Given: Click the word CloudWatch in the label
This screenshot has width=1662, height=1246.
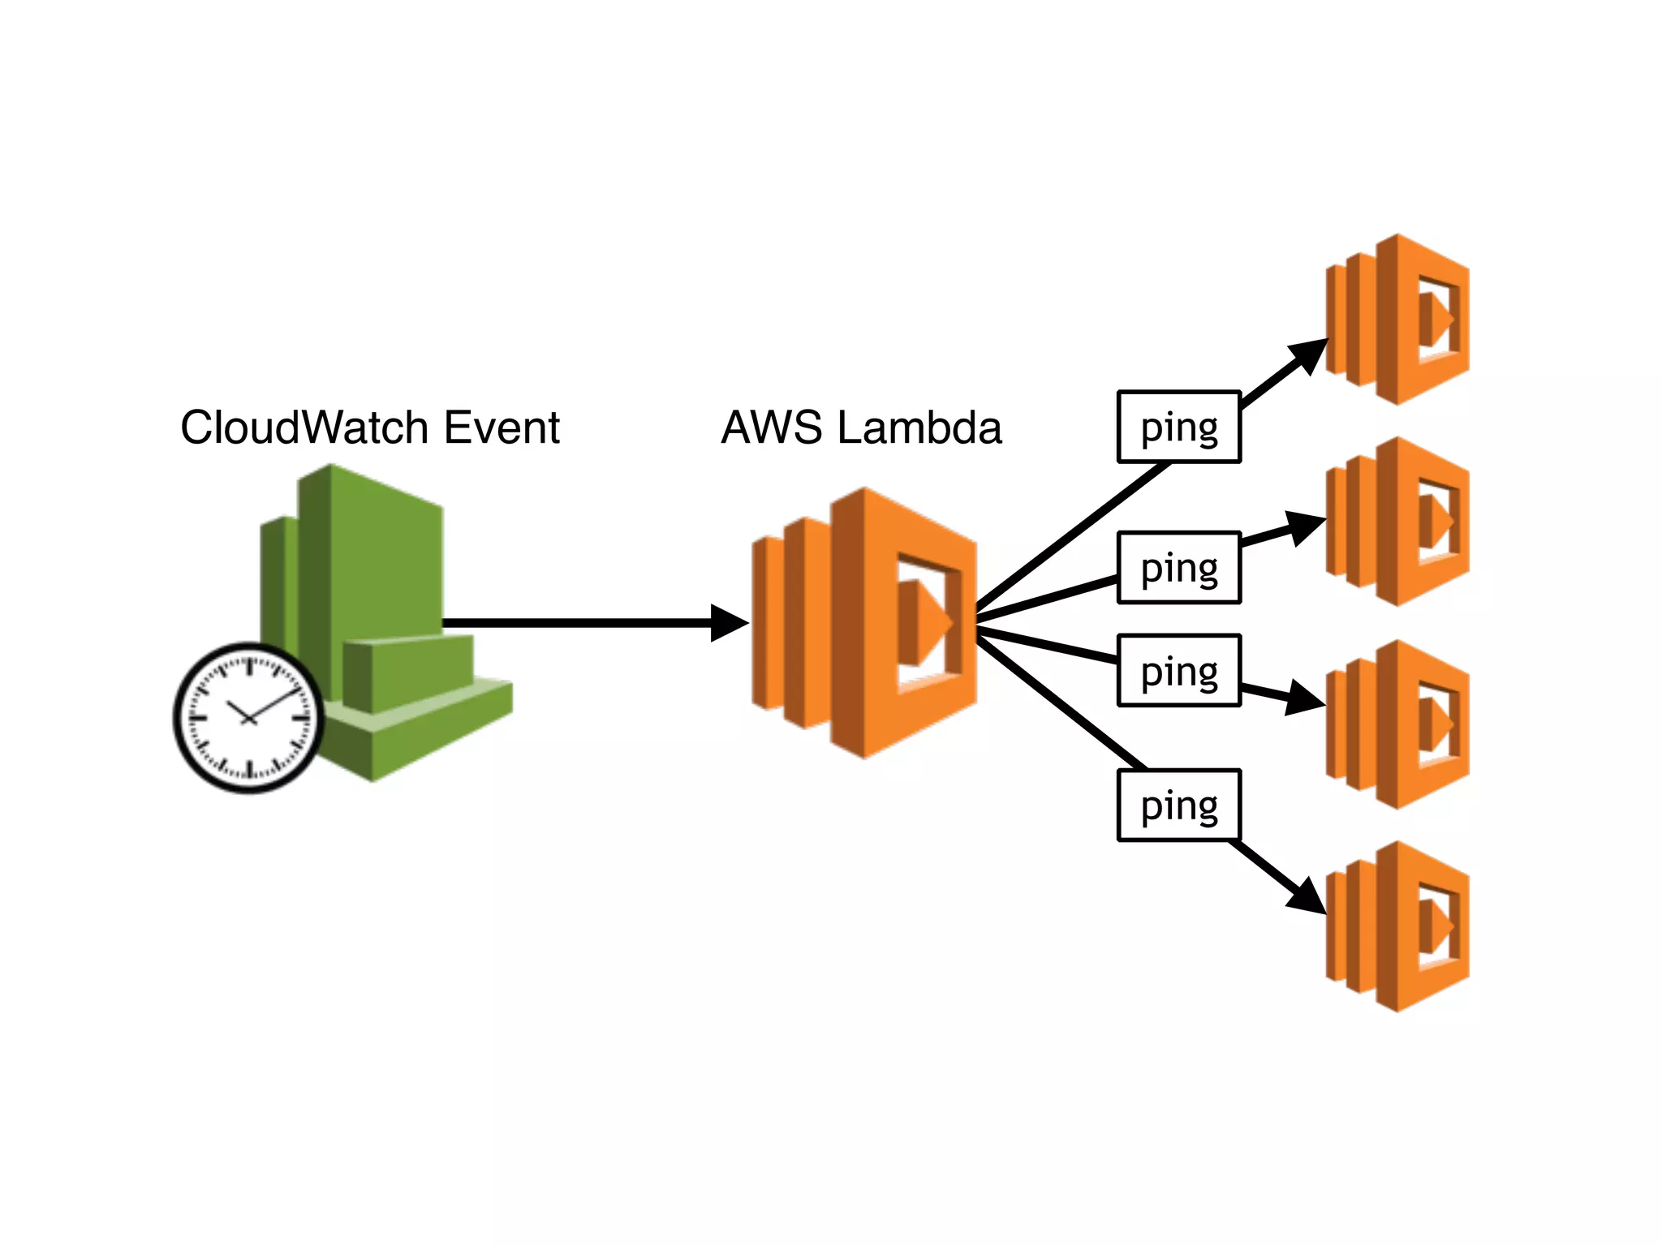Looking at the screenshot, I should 304,428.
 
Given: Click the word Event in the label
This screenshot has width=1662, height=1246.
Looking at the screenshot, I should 502,428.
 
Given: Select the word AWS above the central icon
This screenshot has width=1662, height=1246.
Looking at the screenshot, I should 772,428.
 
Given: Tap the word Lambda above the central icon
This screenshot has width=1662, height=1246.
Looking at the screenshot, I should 919,428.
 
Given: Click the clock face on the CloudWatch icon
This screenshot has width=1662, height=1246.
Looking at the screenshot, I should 249,718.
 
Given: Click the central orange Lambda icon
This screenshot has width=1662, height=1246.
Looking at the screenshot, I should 864,623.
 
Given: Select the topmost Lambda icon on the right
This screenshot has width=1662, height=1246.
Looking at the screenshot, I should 1397,319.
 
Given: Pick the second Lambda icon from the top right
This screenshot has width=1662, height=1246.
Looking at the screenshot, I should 1397,521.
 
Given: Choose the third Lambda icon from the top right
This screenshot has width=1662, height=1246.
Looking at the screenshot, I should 1397,724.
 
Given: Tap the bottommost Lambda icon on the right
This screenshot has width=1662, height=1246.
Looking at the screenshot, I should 1397,926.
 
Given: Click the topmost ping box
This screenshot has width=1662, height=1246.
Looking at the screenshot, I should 1179,427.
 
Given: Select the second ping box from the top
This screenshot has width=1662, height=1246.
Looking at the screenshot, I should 1179,568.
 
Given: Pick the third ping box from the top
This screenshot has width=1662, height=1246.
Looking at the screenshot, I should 1179,671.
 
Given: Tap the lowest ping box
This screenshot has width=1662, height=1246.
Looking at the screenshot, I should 1179,806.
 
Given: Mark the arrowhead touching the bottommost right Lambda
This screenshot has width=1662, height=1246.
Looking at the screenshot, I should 1307,896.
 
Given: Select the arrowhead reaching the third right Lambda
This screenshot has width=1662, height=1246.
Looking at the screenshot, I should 1304,698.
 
